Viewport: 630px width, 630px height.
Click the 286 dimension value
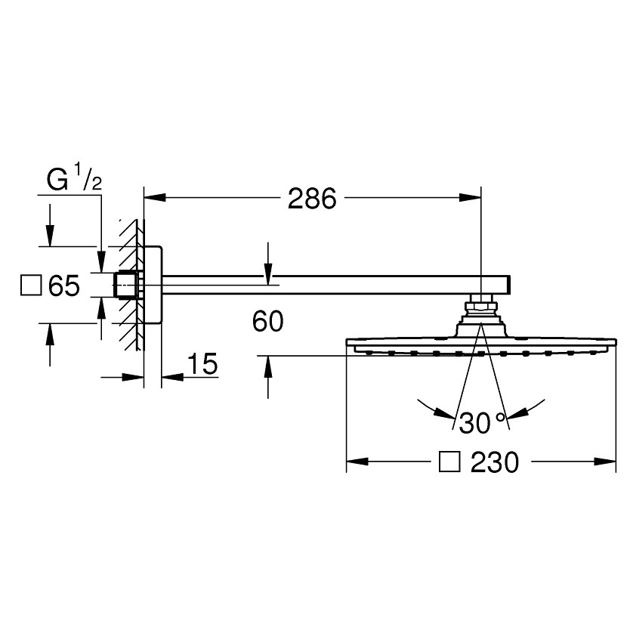312,199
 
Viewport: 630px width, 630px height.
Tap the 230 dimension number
495,462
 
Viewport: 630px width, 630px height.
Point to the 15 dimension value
202,363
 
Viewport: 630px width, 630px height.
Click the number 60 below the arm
267,321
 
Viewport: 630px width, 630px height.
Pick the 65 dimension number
64,286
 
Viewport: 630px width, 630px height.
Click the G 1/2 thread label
74,179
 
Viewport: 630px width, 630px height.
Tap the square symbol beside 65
31,286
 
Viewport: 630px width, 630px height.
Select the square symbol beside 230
449,462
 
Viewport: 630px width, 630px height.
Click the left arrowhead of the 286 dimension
155,197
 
